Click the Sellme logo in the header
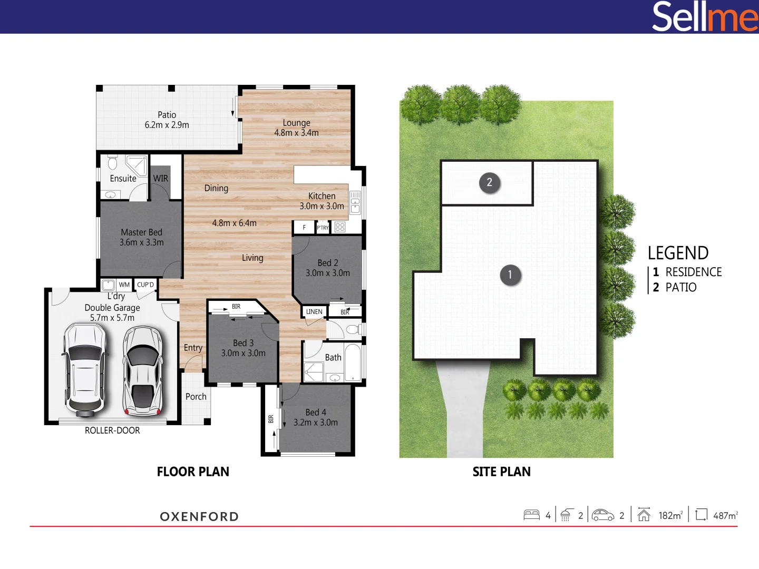[x=704, y=17]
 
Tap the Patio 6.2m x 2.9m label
[x=167, y=120]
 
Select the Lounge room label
[x=296, y=127]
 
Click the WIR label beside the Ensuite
[x=161, y=179]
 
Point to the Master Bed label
[x=141, y=237]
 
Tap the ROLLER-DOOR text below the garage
[x=112, y=430]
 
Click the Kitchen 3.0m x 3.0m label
[x=322, y=201]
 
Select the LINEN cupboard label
[x=314, y=312]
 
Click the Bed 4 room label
[x=316, y=417]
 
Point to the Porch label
[x=196, y=397]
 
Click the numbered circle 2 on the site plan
[x=489, y=183]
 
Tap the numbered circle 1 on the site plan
[x=510, y=274]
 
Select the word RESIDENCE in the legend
[x=693, y=272]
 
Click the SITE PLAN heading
[x=501, y=472]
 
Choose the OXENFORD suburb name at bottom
[x=199, y=516]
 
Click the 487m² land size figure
[x=725, y=515]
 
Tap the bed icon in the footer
[x=531, y=515]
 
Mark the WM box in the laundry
[x=124, y=285]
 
